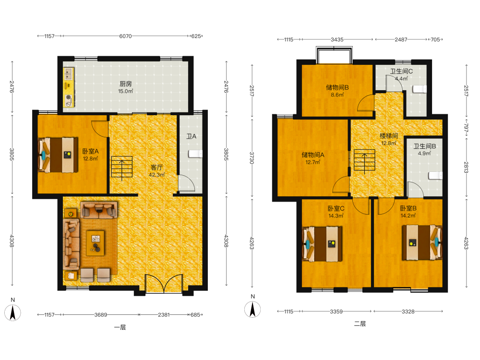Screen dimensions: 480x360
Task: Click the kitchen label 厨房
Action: pyautogui.click(x=125, y=84)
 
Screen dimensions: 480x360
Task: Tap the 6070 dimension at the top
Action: pyautogui.click(x=125, y=36)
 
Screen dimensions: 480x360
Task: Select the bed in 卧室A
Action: pyautogui.click(x=58, y=155)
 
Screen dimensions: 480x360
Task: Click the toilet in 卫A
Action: pyautogui.click(x=195, y=154)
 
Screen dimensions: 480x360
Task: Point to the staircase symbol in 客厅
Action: pyautogui.click(x=122, y=167)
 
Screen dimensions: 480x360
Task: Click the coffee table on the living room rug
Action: pyautogui.click(x=95, y=243)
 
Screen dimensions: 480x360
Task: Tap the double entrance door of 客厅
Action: pyautogui.click(x=164, y=284)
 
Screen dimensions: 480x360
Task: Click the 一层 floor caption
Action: pyautogui.click(x=120, y=327)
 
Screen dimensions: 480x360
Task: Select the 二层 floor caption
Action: pyautogui.click(x=360, y=324)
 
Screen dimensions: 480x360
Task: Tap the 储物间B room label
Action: pyautogui.click(x=337, y=87)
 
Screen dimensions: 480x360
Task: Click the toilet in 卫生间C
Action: pyautogui.click(x=420, y=89)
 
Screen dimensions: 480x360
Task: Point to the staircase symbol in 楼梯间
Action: pyautogui.click(x=364, y=160)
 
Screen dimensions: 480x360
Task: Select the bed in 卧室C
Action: pyautogui.click(x=322, y=244)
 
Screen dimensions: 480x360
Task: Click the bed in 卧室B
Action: pyautogui.click(x=422, y=243)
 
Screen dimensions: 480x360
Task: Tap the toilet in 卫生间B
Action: pyautogui.click(x=436, y=175)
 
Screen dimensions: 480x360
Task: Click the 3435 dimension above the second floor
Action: pyautogui.click(x=337, y=39)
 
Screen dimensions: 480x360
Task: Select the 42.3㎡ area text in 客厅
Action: pyautogui.click(x=157, y=175)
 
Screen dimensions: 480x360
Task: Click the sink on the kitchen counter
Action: pyautogui.click(x=69, y=74)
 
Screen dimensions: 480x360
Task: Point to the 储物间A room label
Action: pyautogui.click(x=313, y=155)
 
